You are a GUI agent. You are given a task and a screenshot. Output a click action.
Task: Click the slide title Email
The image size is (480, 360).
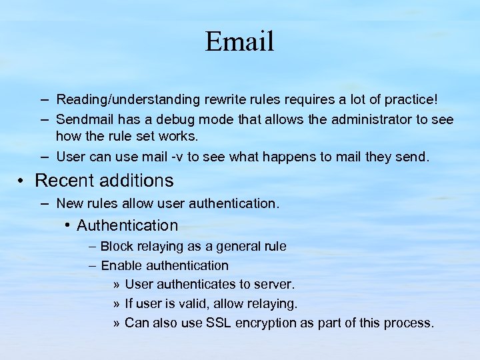pyautogui.click(x=239, y=41)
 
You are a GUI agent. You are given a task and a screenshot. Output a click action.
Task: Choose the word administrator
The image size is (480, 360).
pyautogui.click(x=362, y=119)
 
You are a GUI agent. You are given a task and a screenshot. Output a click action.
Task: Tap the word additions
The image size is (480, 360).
pyautogui.click(x=139, y=181)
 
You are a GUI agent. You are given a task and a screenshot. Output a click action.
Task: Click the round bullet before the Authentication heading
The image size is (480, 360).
pyautogui.click(x=69, y=225)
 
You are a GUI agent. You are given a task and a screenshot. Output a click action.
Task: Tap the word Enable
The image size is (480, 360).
pyautogui.click(x=122, y=266)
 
